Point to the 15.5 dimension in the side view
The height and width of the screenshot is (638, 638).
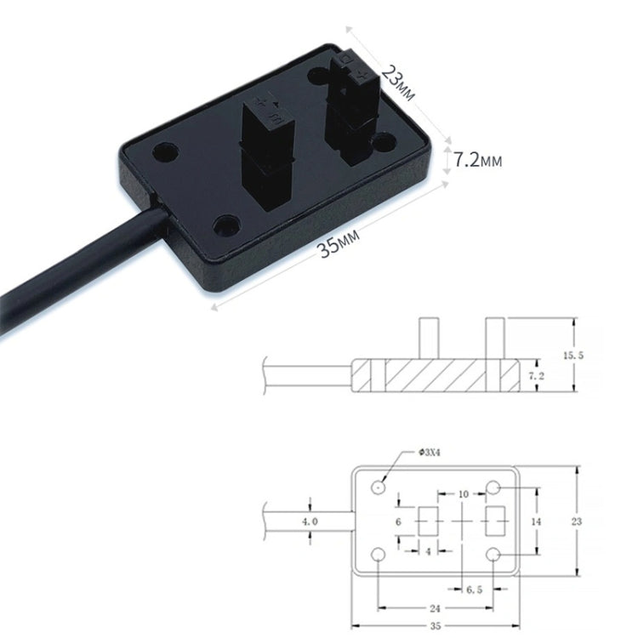(598, 354)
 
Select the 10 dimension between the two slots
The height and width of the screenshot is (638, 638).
(462, 494)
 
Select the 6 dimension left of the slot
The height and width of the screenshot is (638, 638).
(398, 520)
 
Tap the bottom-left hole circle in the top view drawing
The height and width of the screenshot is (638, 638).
(379, 555)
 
